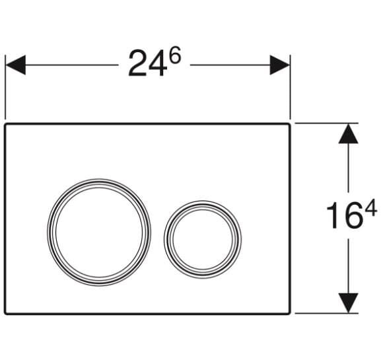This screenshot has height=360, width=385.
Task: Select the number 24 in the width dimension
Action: (x=145, y=65)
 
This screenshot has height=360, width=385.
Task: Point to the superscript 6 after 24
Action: (x=174, y=55)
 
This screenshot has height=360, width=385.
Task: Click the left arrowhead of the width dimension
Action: (x=16, y=65)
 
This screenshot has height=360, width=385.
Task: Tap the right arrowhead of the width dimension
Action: (x=280, y=65)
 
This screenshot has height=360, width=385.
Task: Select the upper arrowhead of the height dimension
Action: (x=348, y=133)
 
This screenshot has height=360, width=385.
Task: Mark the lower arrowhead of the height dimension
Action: (x=348, y=303)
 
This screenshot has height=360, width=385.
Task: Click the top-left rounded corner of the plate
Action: (x=8, y=126)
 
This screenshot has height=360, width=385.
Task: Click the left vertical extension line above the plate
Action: (x=5, y=92)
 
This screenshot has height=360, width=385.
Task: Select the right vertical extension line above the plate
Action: (x=291, y=92)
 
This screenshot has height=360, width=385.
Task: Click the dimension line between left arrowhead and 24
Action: (x=73, y=65)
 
